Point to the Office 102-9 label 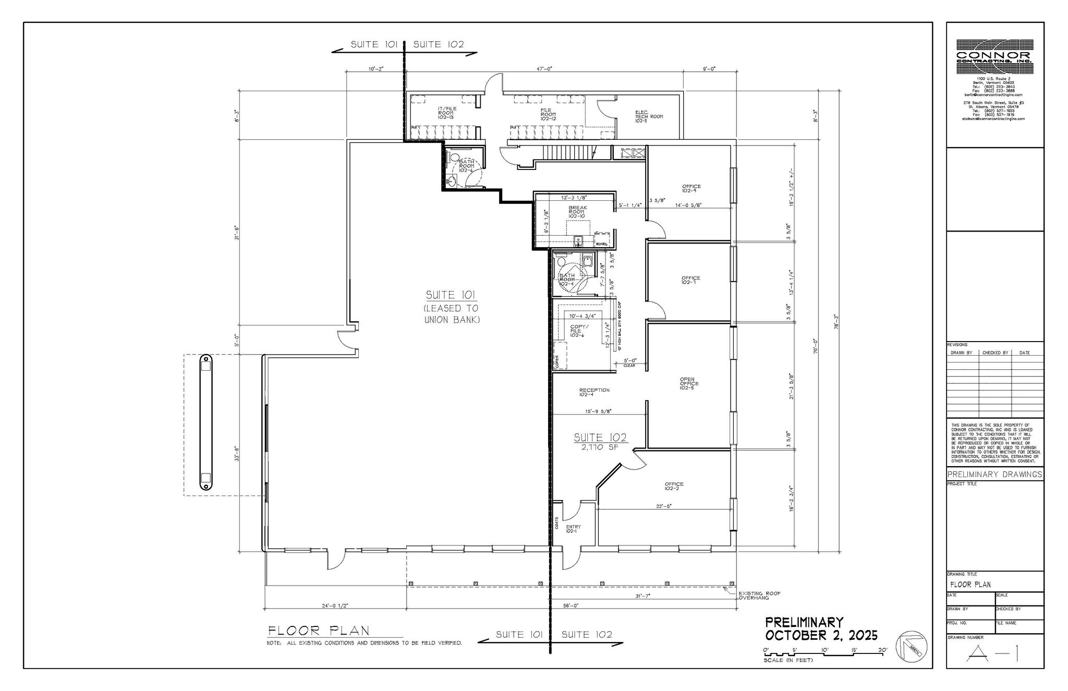click(691, 188)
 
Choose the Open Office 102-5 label click(689, 383)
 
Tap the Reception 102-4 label click(594, 392)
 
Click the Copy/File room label click(579, 331)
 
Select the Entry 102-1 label click(573, 529)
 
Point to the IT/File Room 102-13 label click(445, 114)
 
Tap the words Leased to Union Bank click(452, 314)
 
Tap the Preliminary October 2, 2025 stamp click(821, 629)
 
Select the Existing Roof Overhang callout click(759, 596)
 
